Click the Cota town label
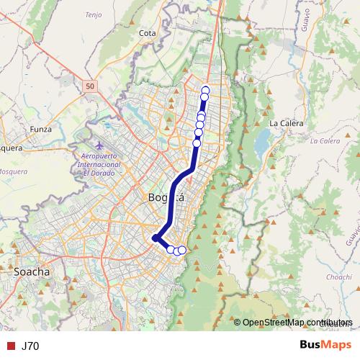click(148, 33)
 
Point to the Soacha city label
click(32, 272)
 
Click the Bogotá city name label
click(166, 197)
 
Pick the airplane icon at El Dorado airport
click(99, 148)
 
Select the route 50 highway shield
click(89, 86)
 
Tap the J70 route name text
click(30, 346)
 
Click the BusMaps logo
click(325, 346)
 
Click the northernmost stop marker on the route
click(205, 89)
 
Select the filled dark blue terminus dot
click(155, 238)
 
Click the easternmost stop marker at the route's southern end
click(182, 250)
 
